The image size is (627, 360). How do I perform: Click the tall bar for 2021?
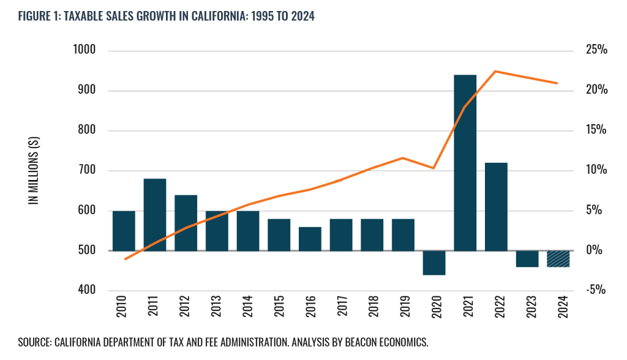tap(465, 162)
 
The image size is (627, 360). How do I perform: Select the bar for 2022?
tap(496, 206)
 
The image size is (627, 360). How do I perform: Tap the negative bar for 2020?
tap(434, 263)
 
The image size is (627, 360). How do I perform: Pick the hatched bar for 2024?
tap(558, 258)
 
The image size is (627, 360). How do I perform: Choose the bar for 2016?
tap(310, 239)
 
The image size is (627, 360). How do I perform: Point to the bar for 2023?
tap(527, 258)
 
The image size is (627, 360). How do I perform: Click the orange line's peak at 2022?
tap(495, 72)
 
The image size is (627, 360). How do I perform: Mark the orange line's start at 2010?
tap(125, 259)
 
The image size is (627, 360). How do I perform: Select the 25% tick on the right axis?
tap(595, 51)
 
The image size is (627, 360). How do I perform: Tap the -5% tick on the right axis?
tap(595, 290)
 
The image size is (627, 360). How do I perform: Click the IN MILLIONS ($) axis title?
tap(34, 171)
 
